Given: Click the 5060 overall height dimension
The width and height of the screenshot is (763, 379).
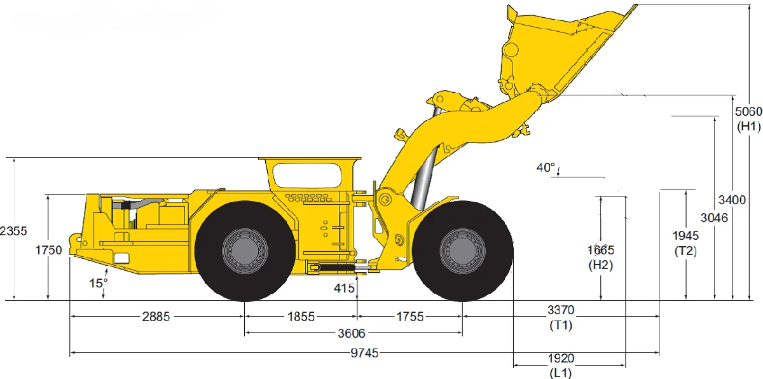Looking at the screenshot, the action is click(748, 112).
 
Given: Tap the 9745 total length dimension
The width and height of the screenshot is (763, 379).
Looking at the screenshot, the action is click(364, 354).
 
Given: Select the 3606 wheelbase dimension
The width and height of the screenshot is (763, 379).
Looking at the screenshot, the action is click(351, 333).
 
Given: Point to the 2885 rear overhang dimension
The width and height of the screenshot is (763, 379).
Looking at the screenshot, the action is click(156, 317).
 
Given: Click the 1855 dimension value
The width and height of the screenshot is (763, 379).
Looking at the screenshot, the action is click(301, 317).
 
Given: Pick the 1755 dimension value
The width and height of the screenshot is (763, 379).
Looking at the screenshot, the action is click(409, 317).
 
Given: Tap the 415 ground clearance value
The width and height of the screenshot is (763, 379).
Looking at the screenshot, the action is click(344, 289).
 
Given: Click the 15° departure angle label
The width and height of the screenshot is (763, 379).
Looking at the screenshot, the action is click(98, 283).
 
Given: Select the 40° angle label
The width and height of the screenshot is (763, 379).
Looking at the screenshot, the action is click(546, 167).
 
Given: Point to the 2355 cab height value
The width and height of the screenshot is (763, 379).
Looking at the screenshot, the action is click(13, 231).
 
